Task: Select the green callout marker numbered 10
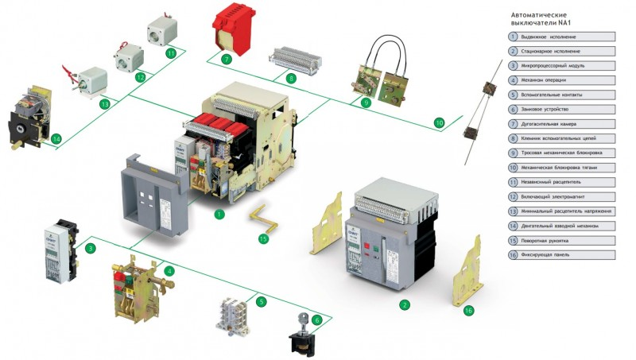click(440, 123)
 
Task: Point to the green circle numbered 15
click(264, 238)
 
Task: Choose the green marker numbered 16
click(468, 310)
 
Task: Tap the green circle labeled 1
click(219, 214)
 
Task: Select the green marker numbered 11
click(171, 52)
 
